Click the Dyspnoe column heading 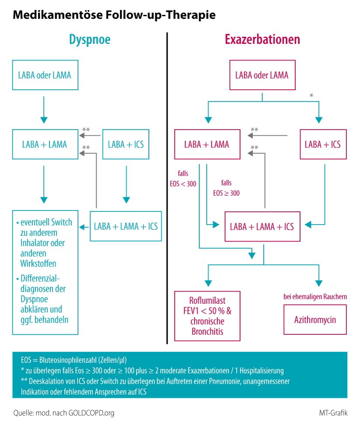tap(90, 40)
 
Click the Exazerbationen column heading tap(262, 39)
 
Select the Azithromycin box tap(315, 320)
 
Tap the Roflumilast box tap(207, 316)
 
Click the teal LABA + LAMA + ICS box tap(126, 226)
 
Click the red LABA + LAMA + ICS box tap(262, 227)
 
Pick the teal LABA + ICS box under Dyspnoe tap(126, 144)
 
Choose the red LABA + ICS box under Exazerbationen tap(323, 144)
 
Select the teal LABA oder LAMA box tap(45, 75)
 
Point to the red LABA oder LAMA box tap(262, 75)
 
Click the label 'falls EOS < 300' tap(183, 179)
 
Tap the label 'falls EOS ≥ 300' tap(227, 188)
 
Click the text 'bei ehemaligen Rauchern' tap(315, 296)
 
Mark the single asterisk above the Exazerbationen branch tap(311, 95)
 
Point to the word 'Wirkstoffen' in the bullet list tap(38, 263)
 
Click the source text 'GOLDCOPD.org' tap(91, 413)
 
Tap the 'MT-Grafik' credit tap(333, 413)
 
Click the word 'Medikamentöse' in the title tap(58, 14)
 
